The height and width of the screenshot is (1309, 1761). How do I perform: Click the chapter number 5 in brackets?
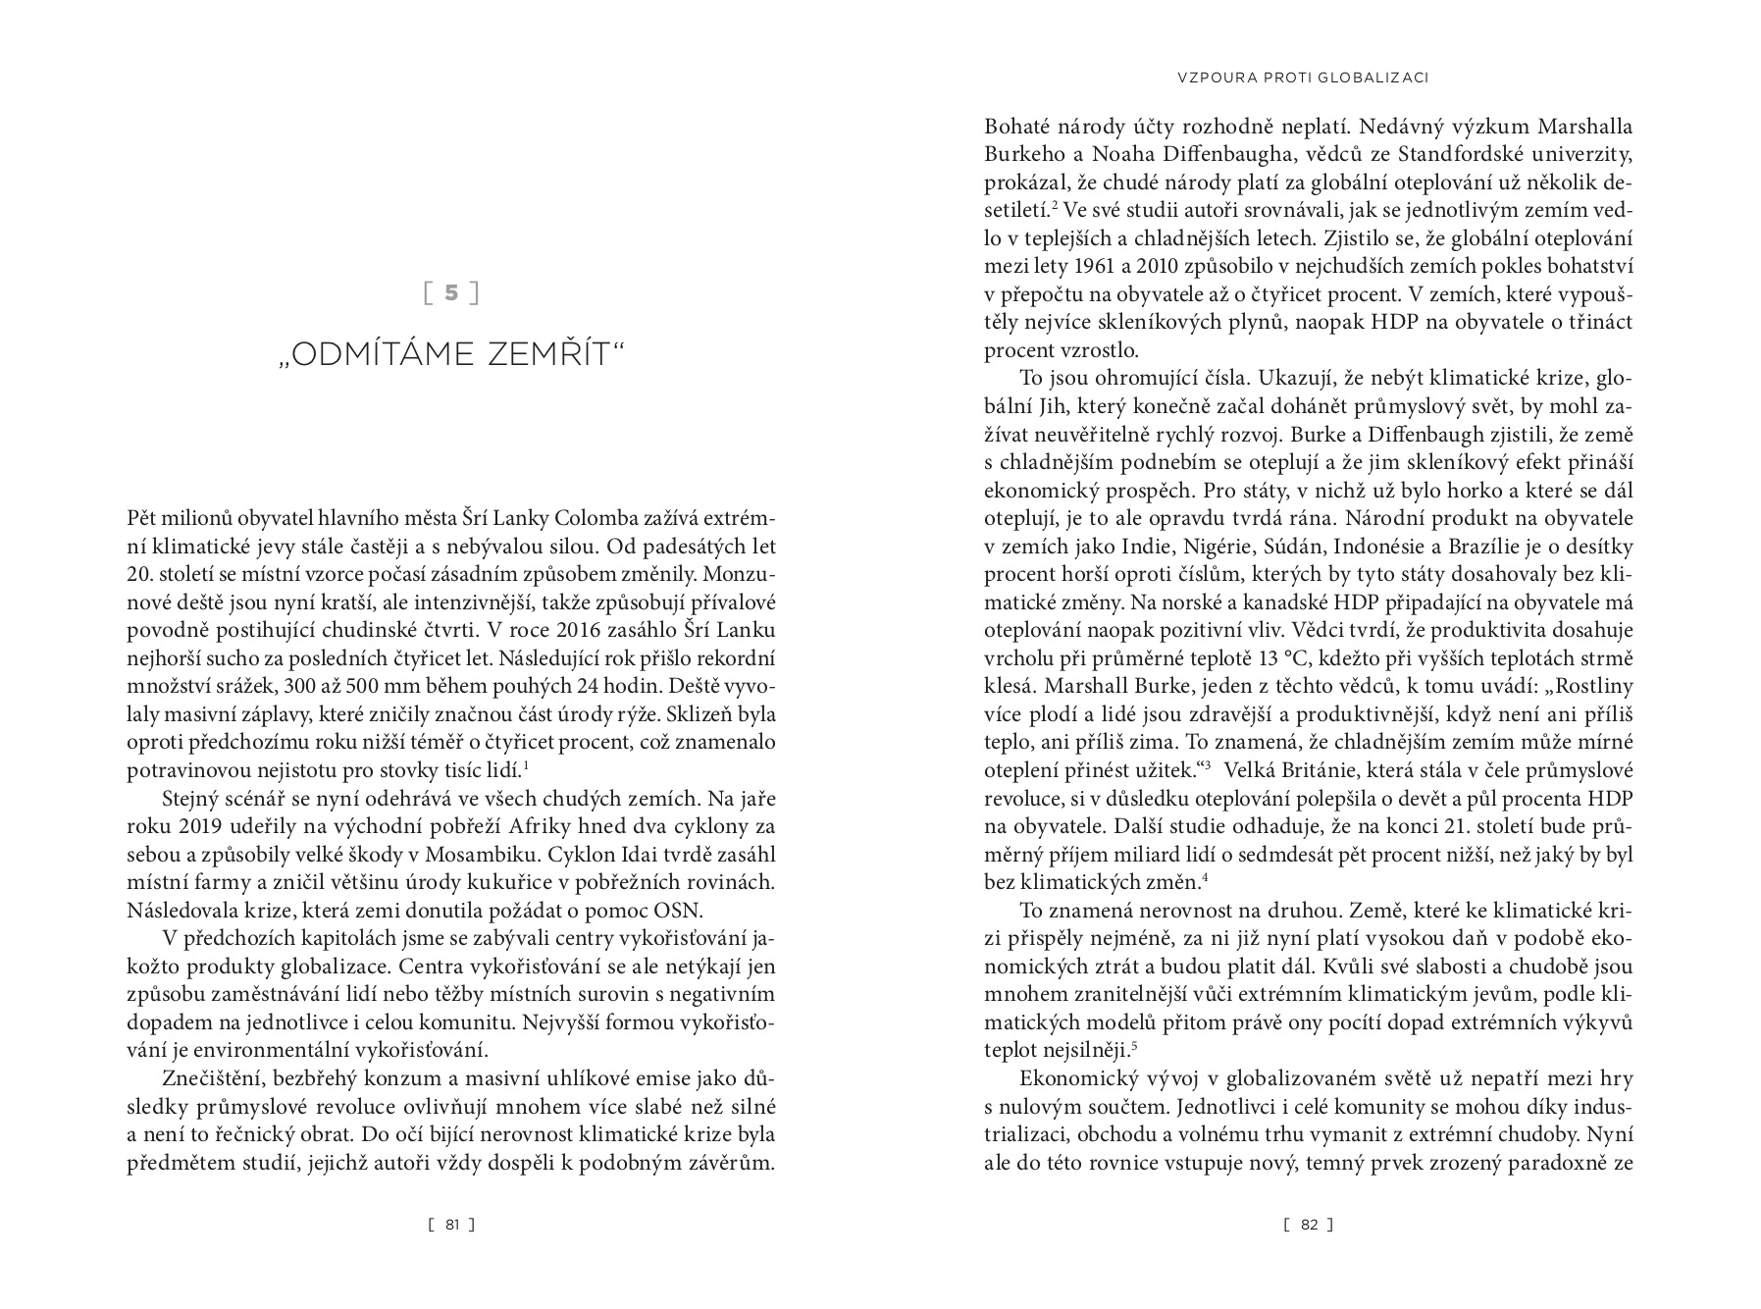coord(451,292)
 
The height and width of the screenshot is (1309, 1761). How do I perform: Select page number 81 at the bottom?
coord(452,1224)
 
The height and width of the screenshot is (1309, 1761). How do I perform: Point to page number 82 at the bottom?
coord(1309,1224)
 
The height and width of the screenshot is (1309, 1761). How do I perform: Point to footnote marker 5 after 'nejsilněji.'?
coord(1134,1047)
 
